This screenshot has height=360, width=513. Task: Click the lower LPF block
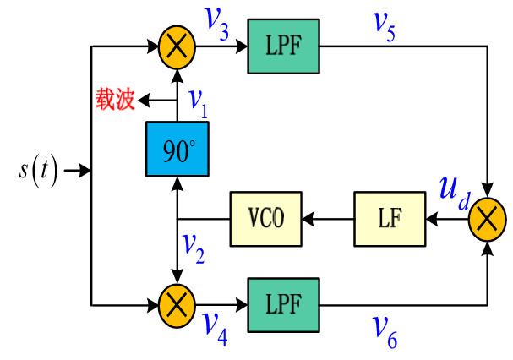(282, 301)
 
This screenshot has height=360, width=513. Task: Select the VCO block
(266, 219)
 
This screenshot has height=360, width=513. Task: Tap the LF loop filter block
(390, 219)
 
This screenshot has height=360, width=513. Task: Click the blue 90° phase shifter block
(177, 150)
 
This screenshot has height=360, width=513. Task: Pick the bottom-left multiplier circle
(177, 302)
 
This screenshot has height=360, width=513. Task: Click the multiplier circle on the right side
(487, 219)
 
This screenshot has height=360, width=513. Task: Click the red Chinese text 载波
(115, 101)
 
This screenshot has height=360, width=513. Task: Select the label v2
(194, 246)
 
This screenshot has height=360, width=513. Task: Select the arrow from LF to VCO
(328, 219)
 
